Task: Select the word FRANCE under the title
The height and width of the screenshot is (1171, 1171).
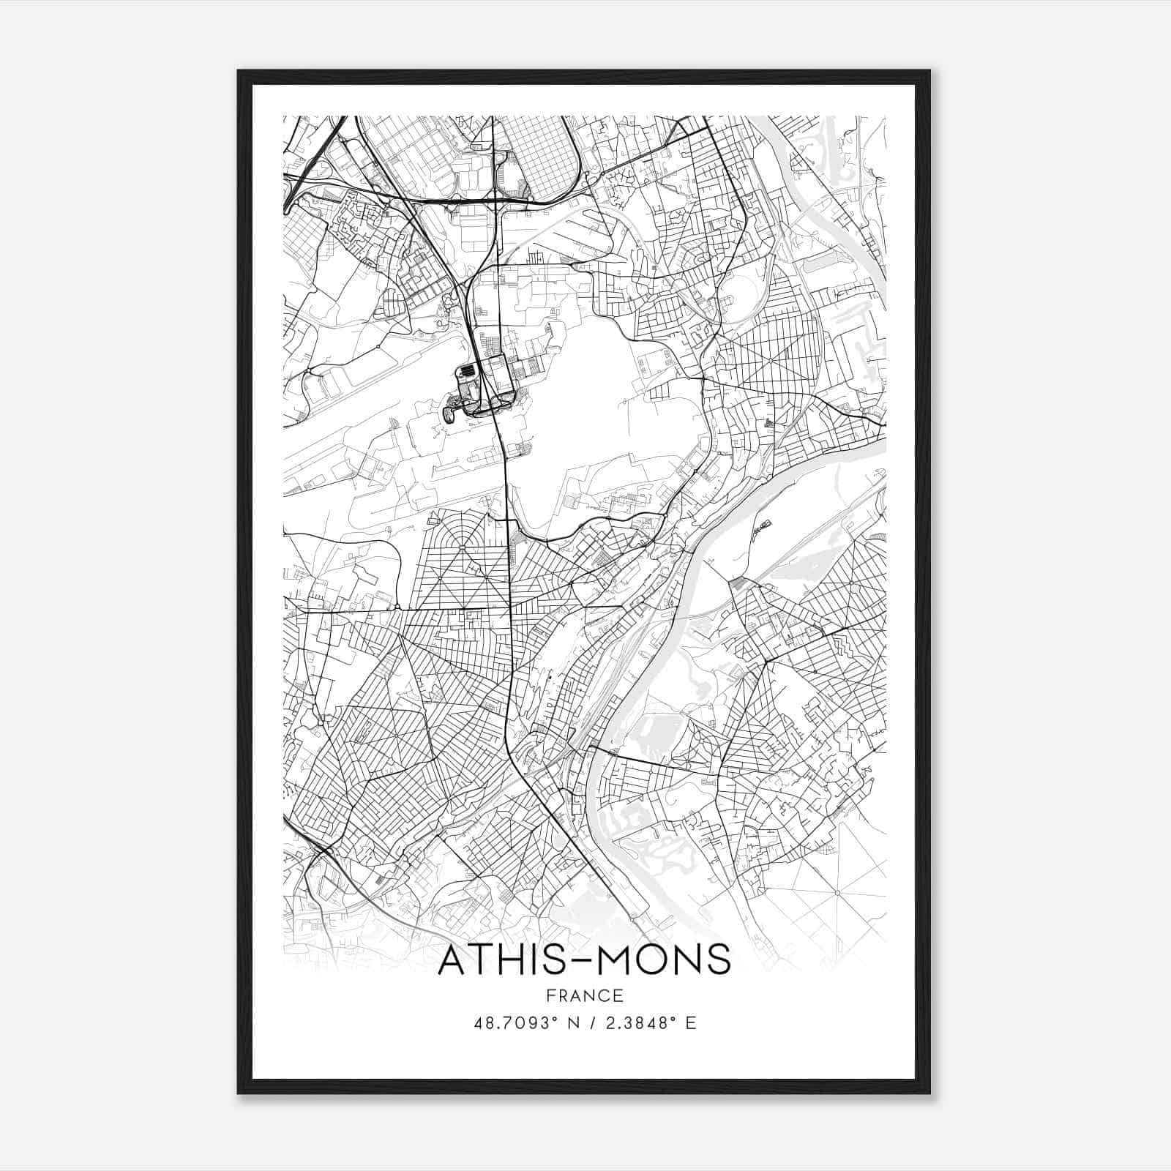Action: click(584, 996)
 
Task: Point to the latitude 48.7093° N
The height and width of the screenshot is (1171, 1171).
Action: click(523, 1023)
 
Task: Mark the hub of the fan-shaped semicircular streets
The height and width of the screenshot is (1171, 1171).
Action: click(465, 546)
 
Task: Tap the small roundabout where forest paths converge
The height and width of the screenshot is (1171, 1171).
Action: click(837, 894)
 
